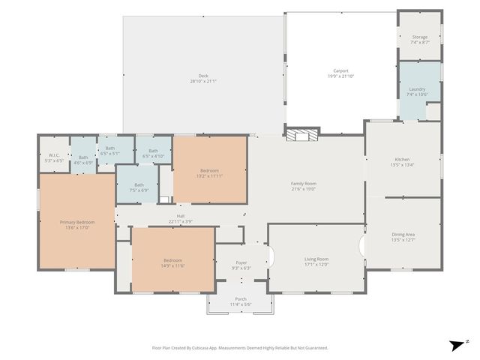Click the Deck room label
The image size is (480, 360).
202,75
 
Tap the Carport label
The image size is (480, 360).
340,72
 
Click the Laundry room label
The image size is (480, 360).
417,89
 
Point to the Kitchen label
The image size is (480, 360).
403,159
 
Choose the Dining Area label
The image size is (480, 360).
403,235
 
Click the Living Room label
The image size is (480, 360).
316,259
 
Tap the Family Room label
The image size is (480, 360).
304,184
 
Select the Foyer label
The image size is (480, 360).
241,263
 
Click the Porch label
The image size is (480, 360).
241,299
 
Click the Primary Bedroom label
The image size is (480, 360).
77,223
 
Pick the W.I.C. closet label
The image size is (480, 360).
53,156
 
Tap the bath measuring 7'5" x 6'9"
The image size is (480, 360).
139,185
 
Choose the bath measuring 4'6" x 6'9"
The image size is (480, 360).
83,158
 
